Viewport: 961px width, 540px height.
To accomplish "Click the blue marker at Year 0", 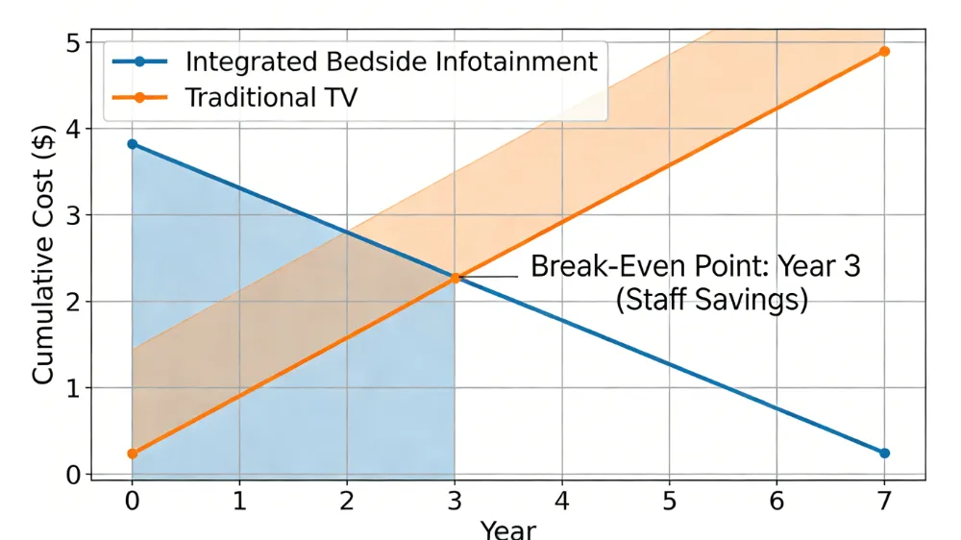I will tap(132, 144).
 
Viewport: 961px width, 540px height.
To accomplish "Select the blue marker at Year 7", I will tap(884, 453).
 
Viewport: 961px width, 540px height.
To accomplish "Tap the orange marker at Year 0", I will tap(132, 454).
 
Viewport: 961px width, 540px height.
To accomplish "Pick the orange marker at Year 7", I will tap(884, 51).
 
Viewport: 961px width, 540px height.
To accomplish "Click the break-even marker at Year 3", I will tap(455, 278).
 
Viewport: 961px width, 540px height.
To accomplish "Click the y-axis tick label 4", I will tap(73, 130).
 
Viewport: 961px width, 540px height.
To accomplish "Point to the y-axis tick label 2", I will tap(73, 302).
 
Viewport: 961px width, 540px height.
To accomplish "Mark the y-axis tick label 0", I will tap(73, 475).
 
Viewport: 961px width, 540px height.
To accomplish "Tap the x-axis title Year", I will tap(508, 529).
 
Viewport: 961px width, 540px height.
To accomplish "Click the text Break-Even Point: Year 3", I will tap(696, 266).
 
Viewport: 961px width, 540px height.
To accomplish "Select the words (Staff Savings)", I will tap(711, 300).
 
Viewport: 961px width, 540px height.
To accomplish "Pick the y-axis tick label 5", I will tap(73, 43).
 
